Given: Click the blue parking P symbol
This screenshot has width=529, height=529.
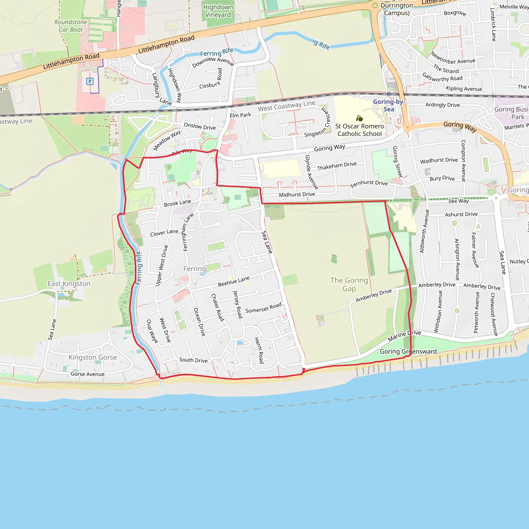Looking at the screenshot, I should pos(90,81).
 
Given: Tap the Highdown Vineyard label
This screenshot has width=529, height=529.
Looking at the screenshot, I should pos(218,11).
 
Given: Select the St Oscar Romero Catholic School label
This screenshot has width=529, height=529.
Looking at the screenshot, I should pos(360,130).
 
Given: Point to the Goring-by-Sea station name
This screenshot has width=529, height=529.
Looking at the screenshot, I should pos(389,105).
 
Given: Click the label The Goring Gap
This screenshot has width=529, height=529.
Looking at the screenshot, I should pos(349,284).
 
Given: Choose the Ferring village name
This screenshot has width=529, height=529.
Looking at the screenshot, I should pos(195,269).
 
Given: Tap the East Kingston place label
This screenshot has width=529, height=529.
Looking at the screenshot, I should pos(69,284).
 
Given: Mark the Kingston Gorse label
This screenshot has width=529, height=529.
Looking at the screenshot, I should pos(92,357).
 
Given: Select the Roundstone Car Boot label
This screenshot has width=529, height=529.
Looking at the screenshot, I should pos(71,26).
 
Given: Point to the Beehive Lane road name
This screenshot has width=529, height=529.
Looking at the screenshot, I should pos(234,281).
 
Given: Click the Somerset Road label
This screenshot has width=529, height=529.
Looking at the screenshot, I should pos(263,308).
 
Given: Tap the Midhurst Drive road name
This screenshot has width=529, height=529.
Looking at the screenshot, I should pos(297,195).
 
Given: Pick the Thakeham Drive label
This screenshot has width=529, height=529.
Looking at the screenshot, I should pos(337,166).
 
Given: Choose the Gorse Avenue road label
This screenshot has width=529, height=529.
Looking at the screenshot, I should pos(88,374).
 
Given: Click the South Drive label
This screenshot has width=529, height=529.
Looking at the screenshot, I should pos(193,360).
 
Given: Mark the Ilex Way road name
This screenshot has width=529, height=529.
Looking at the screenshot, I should pos(458,201).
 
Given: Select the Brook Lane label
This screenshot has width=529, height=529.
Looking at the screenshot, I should pos(177,203).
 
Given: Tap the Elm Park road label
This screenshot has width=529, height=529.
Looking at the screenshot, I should pos(240,115).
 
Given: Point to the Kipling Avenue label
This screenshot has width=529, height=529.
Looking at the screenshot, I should pos(464,88).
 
